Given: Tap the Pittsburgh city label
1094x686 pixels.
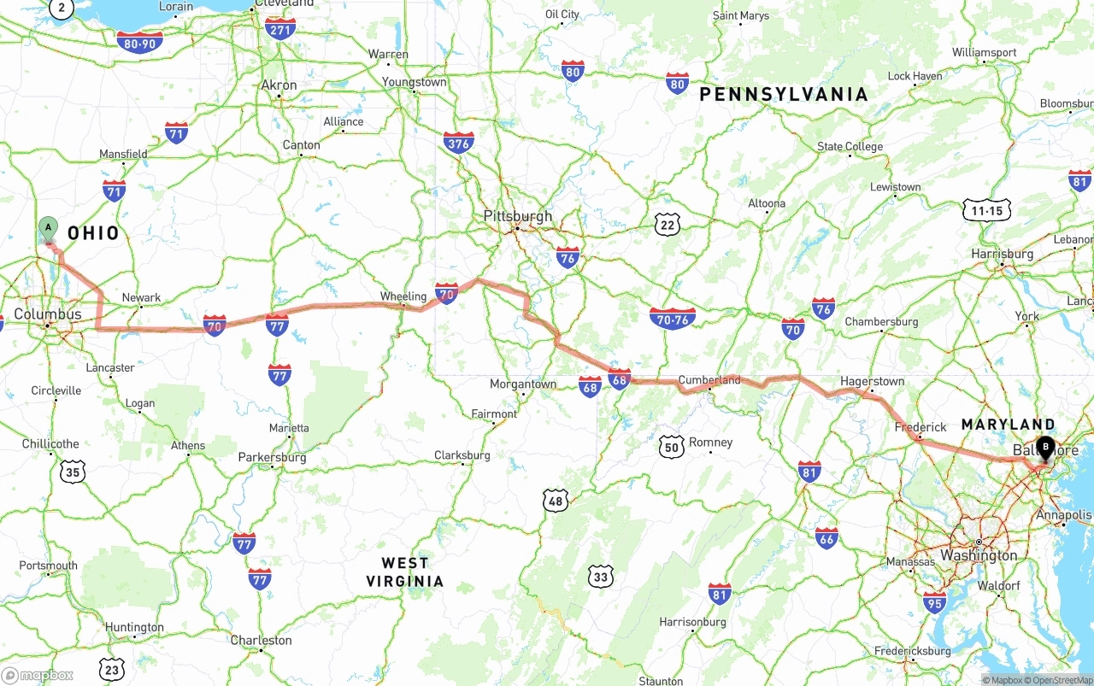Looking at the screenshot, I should (x=518, y=216).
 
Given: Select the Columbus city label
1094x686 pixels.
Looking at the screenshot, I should (x=48, y=314).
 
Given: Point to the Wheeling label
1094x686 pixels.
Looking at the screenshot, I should (x=403, y=296).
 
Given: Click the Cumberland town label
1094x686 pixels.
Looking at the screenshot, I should (x=709, y=380).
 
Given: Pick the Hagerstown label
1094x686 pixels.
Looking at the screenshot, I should (x=872, y=381).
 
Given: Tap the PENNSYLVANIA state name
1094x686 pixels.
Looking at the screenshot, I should (x=784, y=95).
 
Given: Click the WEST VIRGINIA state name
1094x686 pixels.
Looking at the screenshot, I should (x=405, y=572).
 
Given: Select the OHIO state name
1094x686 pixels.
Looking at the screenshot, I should (x=94, y=233).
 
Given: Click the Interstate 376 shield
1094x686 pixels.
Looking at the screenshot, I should (x=459, y=144).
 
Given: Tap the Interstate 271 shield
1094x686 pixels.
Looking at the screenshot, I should (x=280, y=29).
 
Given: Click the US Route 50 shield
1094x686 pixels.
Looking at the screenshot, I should (x=672, y=447).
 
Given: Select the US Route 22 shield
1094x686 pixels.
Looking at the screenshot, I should (x=668, y=226).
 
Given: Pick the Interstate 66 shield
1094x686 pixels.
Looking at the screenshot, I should (x=826, y=538).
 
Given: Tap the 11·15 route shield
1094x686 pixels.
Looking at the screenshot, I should (x=987, y=210).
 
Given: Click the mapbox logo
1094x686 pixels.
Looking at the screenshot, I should (x=38, y=675).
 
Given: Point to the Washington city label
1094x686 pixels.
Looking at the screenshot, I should (x=979, y=555).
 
